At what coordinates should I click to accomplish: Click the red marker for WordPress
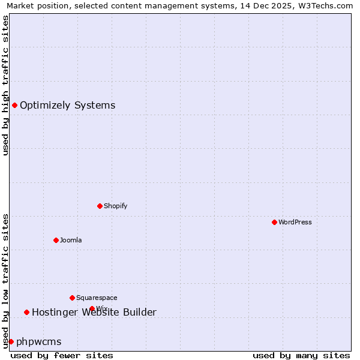274,222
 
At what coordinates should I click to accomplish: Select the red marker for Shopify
100,206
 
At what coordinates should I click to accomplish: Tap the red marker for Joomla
56,240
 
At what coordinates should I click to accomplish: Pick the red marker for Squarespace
72,298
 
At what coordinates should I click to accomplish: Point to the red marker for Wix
92,308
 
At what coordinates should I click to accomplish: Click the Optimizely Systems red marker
14,106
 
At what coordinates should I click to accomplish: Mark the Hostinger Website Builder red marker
26,312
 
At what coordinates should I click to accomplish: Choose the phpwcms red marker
11,341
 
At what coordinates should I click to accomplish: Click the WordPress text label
295,222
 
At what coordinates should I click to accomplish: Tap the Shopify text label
115,206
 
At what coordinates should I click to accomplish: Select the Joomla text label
70,240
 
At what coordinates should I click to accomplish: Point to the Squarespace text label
97,298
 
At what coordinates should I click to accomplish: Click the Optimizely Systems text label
67,106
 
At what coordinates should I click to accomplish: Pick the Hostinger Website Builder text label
94,312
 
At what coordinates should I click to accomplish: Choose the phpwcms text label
38,341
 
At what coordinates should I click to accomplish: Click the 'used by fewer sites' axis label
62,355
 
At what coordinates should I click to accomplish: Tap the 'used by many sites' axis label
301,355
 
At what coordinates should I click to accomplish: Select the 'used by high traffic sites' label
5,85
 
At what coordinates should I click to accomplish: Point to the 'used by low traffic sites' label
5,280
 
